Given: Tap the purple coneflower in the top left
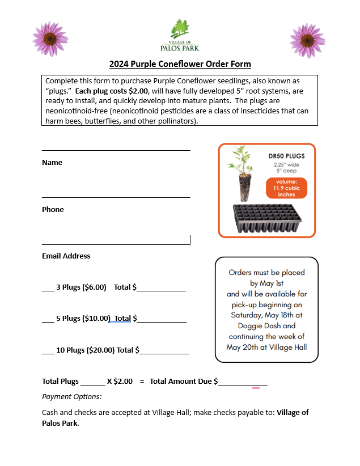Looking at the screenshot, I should click(x=51, y=39).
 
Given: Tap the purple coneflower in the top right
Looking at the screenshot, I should click(x=308, y=40).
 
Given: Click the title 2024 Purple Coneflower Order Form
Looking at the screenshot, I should click(x=180, y=64).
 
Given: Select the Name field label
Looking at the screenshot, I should click(x=52, y=163).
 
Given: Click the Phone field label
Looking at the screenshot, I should click(x=53, y=210).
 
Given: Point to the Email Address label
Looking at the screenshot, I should click(x=66, y=256).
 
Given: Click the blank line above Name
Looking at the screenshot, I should click(x=116, y=150).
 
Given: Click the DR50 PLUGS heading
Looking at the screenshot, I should click(x=286, y=155).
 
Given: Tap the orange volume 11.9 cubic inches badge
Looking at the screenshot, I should click(x=286, y=188).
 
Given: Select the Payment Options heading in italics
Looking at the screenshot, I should click(x=71, y=397).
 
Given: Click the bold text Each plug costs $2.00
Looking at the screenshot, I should click(x=112, y=91).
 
